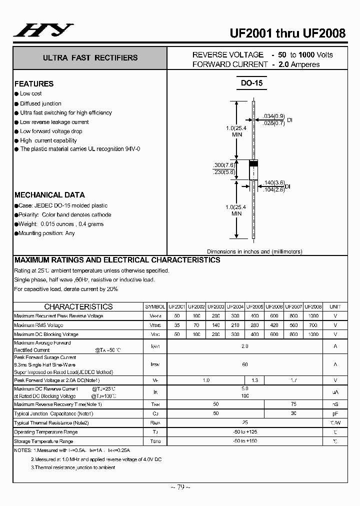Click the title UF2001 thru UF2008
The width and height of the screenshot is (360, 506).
click(287, 33)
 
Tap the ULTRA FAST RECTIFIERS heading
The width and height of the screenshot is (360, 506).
click(90, 58)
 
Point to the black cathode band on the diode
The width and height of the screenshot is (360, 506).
click(253, 163)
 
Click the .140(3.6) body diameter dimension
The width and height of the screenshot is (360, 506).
click(274, 183)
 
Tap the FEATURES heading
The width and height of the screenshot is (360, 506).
click(34, 84)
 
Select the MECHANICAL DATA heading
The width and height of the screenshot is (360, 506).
click(49, 195)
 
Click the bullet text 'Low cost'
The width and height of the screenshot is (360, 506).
click(31, 93)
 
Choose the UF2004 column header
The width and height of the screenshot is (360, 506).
click(235, 306)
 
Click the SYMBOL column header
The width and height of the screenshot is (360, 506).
click(155, 306)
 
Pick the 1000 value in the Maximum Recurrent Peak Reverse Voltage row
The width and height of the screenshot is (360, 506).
click(313, 316)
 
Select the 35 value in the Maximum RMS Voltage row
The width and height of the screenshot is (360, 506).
click(176, 325)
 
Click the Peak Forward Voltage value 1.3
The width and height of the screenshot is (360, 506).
click(255, 380)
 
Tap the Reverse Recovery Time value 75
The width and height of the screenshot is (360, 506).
click(293, 404)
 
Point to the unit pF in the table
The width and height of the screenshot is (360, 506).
click(335, 413)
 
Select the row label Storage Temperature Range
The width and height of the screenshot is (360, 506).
click(43, 441)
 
